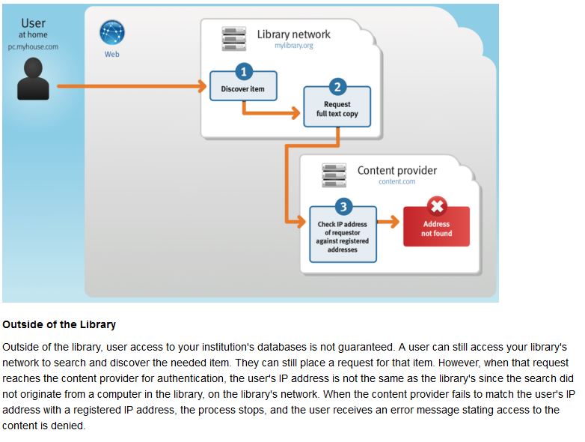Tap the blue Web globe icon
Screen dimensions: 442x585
112,33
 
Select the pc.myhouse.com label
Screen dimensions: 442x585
33,46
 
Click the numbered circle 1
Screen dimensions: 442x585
243,72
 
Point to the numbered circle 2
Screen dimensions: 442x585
337,87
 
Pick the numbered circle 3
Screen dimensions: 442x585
343,206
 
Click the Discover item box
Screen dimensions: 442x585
243,89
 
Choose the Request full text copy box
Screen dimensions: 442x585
337,109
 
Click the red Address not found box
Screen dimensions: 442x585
436,227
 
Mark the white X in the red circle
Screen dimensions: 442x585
436,206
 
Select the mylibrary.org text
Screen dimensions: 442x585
293,46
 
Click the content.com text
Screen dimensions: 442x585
396,182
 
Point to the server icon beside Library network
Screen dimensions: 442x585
234,38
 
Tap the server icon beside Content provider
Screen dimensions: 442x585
334,175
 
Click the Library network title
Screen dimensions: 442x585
293,34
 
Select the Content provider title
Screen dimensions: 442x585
396,170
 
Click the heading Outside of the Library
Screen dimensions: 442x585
59,324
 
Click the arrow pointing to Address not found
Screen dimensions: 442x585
388,222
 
